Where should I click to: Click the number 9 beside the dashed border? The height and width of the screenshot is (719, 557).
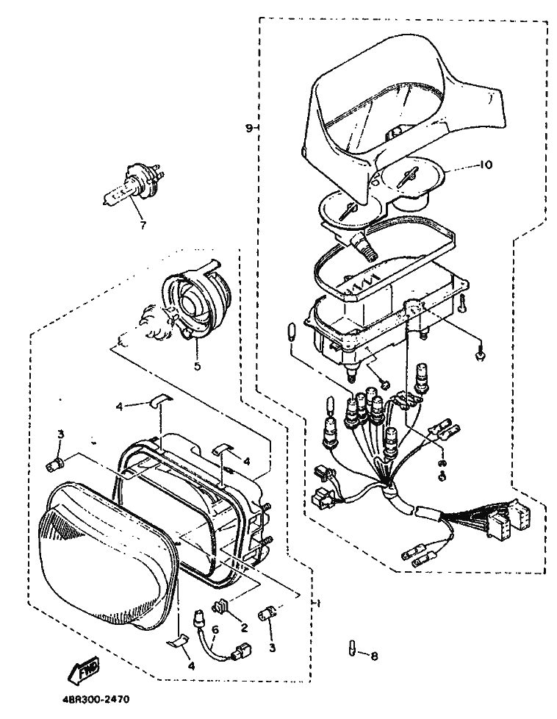249,128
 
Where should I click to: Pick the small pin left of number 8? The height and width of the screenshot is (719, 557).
352,649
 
